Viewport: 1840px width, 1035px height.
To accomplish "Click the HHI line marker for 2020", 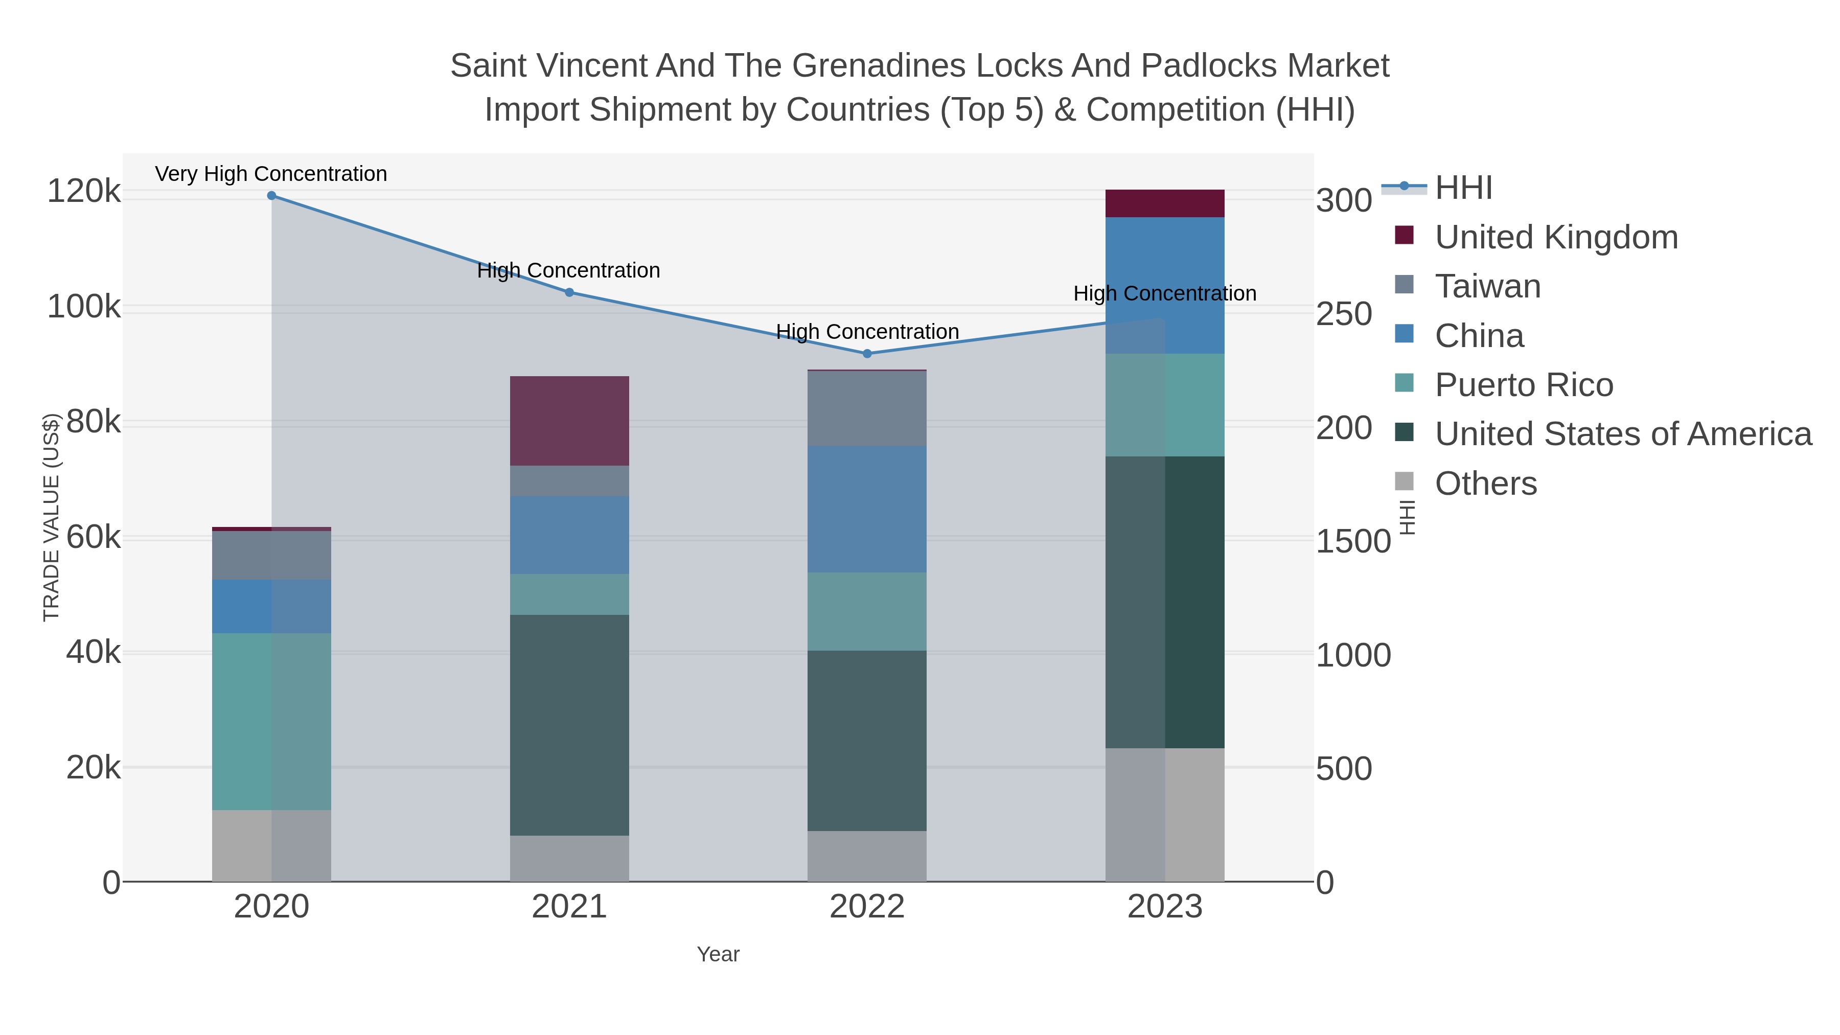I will coord(271,196).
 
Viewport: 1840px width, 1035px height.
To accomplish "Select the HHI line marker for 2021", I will coord(569,292).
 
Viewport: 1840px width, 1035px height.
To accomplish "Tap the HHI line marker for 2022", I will coord(867,354).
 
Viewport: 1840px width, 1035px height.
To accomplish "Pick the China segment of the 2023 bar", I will coord(1165,285).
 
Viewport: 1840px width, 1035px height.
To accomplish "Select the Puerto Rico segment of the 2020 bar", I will coord(271,721).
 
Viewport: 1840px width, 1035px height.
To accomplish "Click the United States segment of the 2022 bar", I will coord(867,740).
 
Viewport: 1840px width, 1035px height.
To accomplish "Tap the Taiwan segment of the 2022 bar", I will coord(867,408).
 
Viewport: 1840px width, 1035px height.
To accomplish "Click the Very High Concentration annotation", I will coord(271,174).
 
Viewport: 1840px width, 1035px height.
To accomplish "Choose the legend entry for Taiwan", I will coord(1487,286).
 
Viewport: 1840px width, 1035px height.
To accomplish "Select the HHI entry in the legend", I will coord(1463,188).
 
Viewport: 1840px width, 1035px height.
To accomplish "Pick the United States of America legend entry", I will coord(1622,434).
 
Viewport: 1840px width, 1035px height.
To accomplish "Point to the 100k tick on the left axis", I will coord(84,307).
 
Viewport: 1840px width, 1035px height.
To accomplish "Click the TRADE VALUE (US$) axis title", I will coord(52,517).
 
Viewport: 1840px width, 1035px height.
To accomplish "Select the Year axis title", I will coord(718,954).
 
